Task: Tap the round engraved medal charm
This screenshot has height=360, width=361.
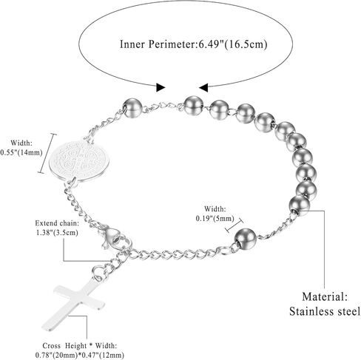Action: [79, 160]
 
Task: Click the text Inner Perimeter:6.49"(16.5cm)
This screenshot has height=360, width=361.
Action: [194, 44]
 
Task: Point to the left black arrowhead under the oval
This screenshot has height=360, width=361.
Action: [161, 87]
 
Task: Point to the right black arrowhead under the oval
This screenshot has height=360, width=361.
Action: [203, 87]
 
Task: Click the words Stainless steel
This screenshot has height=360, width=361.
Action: [325, 311]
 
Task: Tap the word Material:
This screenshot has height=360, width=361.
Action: [325, 296]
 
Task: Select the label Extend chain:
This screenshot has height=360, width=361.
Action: [57, 223]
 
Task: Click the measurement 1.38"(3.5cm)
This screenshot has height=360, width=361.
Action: [57, 232]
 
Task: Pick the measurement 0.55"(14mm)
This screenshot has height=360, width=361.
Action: [21, 152]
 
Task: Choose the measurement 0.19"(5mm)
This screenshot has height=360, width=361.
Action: [215, 218]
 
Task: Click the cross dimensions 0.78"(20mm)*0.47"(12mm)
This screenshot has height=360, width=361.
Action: [80, 355]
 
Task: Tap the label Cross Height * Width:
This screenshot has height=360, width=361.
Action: [80, 346]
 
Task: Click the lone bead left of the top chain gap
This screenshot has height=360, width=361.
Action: [132, 108]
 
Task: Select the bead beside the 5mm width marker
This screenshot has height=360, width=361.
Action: [245, 238]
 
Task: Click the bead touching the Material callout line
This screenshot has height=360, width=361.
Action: [299, 206]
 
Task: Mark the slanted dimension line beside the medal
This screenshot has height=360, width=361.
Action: [47, 153]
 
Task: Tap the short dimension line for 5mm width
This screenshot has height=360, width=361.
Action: [235, 225]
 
